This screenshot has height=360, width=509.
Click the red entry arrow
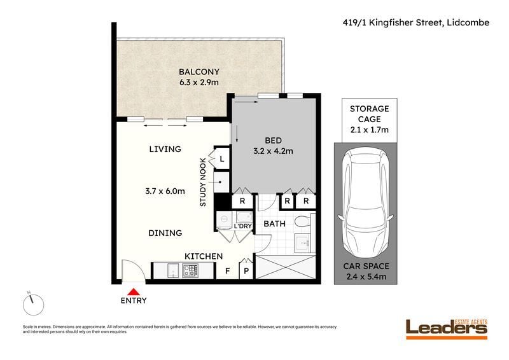[x=134, y=292]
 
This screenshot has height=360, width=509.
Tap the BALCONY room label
[x=199, y=72]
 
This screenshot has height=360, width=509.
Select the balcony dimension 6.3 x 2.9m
[x=199, y=82]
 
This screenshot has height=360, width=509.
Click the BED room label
[x=274, y=141]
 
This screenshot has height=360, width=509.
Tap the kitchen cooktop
[x=190, y=270]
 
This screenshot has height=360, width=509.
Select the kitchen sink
[x=173, y=270]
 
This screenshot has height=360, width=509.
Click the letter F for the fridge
[x=228, y=271]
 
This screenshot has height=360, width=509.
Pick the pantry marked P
[x=246, y=270]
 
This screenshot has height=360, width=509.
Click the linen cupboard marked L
[x=222, y=159]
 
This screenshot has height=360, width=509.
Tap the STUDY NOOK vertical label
[x=203, y=182]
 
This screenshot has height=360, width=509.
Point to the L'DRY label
[x=243, y=226]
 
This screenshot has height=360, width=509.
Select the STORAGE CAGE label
[x=370, y=114]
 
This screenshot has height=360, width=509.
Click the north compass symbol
[x=33, y=304]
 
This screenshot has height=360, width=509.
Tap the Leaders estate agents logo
[x=447, y=329]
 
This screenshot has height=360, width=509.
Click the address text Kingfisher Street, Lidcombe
[x=429, y=22]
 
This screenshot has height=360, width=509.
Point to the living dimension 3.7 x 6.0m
[x=165, y=191]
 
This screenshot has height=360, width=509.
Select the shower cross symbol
[x=286, y=267]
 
